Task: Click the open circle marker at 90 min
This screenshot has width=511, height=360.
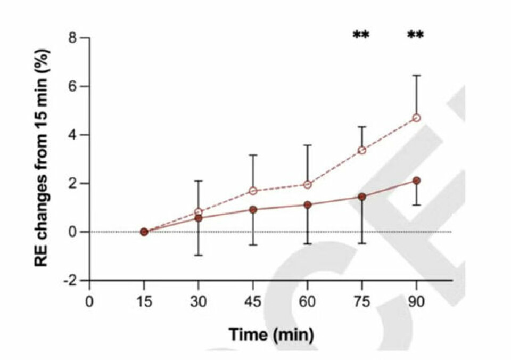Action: coord(416,118)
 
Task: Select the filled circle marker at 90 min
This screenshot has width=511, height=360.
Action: coord(416,181)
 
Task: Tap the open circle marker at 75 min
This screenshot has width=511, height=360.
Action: coord(362,150)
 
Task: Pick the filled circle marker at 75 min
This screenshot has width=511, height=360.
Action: coord(362,197)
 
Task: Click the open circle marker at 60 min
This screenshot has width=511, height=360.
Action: coord(307,185)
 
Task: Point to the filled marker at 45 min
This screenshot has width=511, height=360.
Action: coord(253,210)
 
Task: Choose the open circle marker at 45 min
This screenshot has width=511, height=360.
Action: coord(253,191)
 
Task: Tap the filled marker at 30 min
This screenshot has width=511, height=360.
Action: coord(199,218)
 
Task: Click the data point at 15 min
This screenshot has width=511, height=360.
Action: coord(144,232)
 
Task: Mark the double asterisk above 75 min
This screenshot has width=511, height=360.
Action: coord(361,36)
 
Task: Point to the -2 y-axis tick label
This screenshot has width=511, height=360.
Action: coord(68,280)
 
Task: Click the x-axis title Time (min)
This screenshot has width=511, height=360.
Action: coord(271,335)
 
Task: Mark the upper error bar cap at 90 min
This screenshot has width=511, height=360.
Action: coord(416,76)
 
